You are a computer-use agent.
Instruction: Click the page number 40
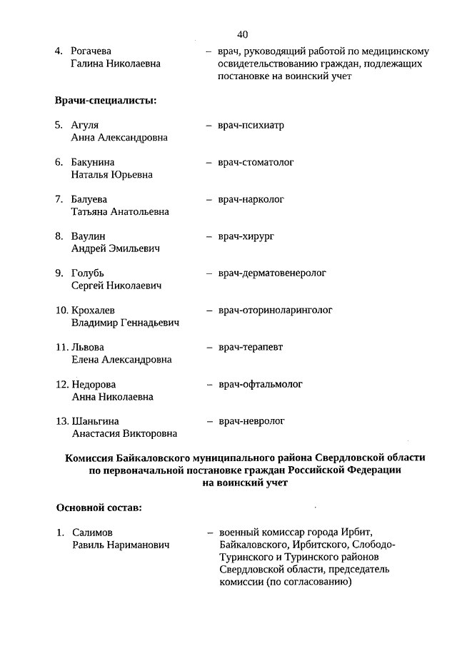(242, 34)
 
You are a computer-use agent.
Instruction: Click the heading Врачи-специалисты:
(106, 100)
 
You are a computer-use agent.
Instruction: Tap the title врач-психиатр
(251, 126)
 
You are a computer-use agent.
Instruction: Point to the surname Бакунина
(93, 163)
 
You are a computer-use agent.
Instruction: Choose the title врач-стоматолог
(256, 163)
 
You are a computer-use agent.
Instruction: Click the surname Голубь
(88, 273)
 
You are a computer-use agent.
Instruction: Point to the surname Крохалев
(94, 311)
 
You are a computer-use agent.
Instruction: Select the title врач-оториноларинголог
(276, 311)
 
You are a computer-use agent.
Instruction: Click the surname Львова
(88, 348)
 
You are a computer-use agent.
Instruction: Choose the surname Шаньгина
(96, 422)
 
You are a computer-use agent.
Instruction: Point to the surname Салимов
(93, 533)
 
